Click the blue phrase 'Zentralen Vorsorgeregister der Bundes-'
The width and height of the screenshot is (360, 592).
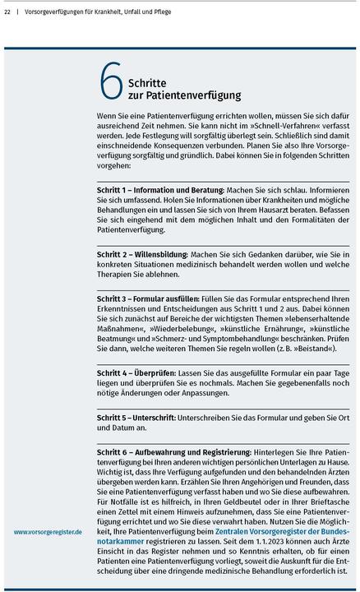tap(280, 533)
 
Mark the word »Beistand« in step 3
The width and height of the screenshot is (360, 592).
tap(316, 350)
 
